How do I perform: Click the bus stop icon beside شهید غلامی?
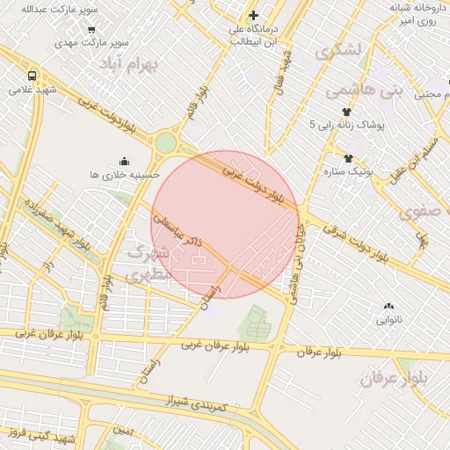pyautogui.click(x=32, y=76)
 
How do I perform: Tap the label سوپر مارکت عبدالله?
pyautogui.click(x=53, y=9)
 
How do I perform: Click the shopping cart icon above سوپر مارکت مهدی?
pyautogui.click(x=91, y=28)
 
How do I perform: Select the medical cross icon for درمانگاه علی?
pyautogui.click(x=254, y=15)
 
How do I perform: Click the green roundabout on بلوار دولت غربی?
pyautogui.click(x=165, y=142)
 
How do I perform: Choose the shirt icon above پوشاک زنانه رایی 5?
pyautogui.click(x=346, y=112)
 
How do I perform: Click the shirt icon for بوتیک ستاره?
pyautogui.click(x=349, y=158)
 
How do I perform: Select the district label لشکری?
pyautogui.click(x=342, y=50)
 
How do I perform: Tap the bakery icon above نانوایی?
pyautogui.click(x=388, y=306)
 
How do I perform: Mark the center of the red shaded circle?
pyautogui.click(x=231, y=224)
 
